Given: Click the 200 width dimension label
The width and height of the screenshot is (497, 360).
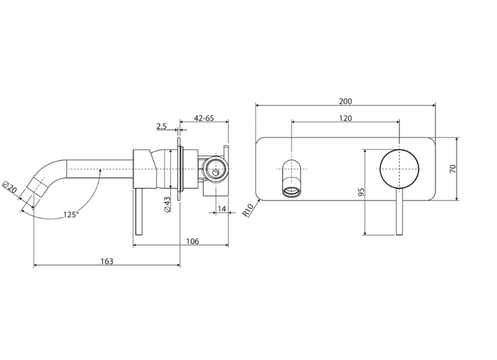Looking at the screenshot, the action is click(x=345, y=101).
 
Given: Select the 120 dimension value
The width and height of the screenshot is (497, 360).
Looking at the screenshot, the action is click(x=345, y=118).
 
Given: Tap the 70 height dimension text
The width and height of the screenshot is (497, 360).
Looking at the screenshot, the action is click(x=453, y=168).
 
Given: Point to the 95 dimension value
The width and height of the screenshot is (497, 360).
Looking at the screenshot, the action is click(x=362, y=192).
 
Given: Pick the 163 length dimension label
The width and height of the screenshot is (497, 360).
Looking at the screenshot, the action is click(x=107, y=261).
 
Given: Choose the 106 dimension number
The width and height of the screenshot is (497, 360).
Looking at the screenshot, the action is click(x=193, y=241).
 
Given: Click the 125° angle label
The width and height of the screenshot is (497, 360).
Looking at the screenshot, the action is click(x=70, y=215).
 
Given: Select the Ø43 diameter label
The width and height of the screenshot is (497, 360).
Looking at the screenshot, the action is click(x=167, y=205).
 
